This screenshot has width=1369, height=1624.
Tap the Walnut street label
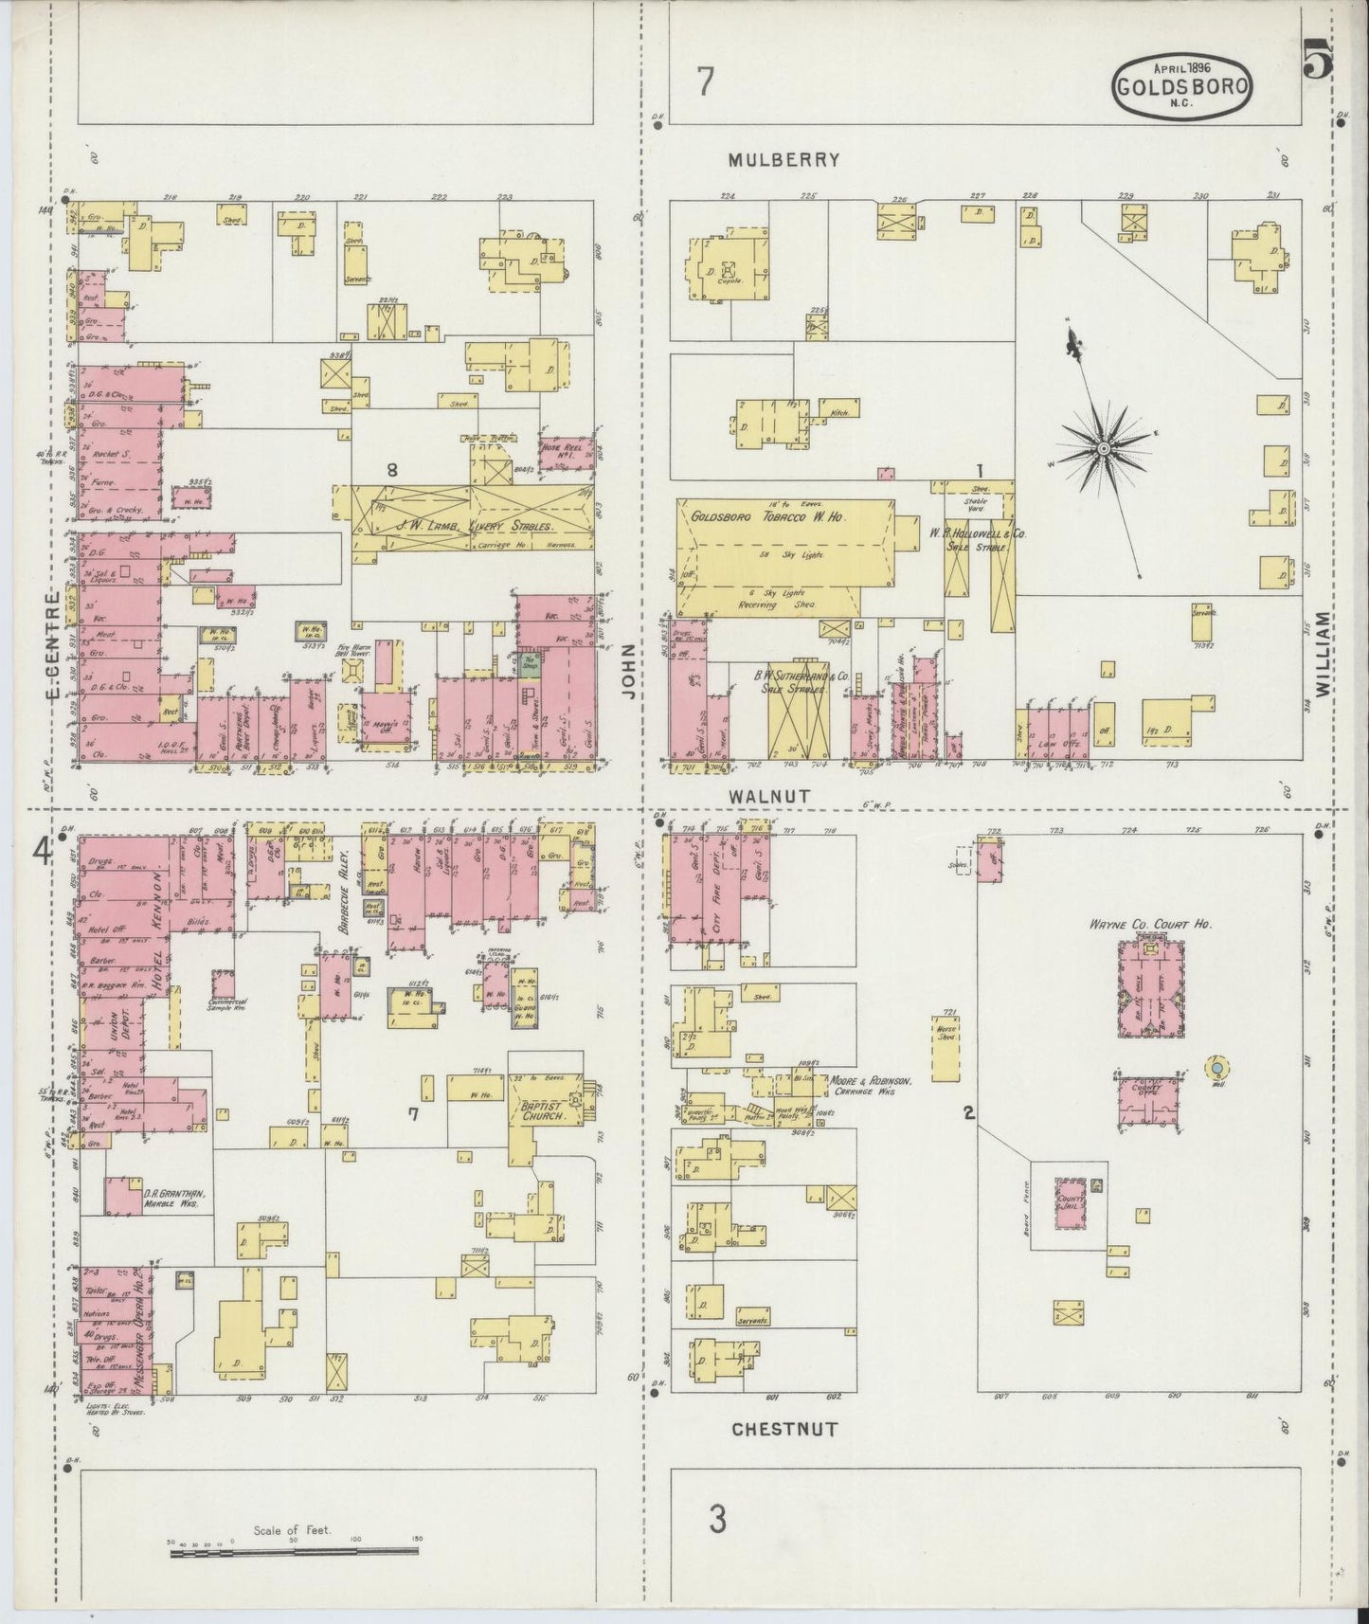point(770,797)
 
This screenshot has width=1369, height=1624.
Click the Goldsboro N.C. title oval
point(1181,83)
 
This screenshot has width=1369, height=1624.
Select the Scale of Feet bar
point(294,1551)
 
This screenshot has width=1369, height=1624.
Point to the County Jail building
point(1072,1203)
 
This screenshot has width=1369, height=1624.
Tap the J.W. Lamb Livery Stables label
point(475,524)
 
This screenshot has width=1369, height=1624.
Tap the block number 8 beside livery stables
point(391,468)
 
